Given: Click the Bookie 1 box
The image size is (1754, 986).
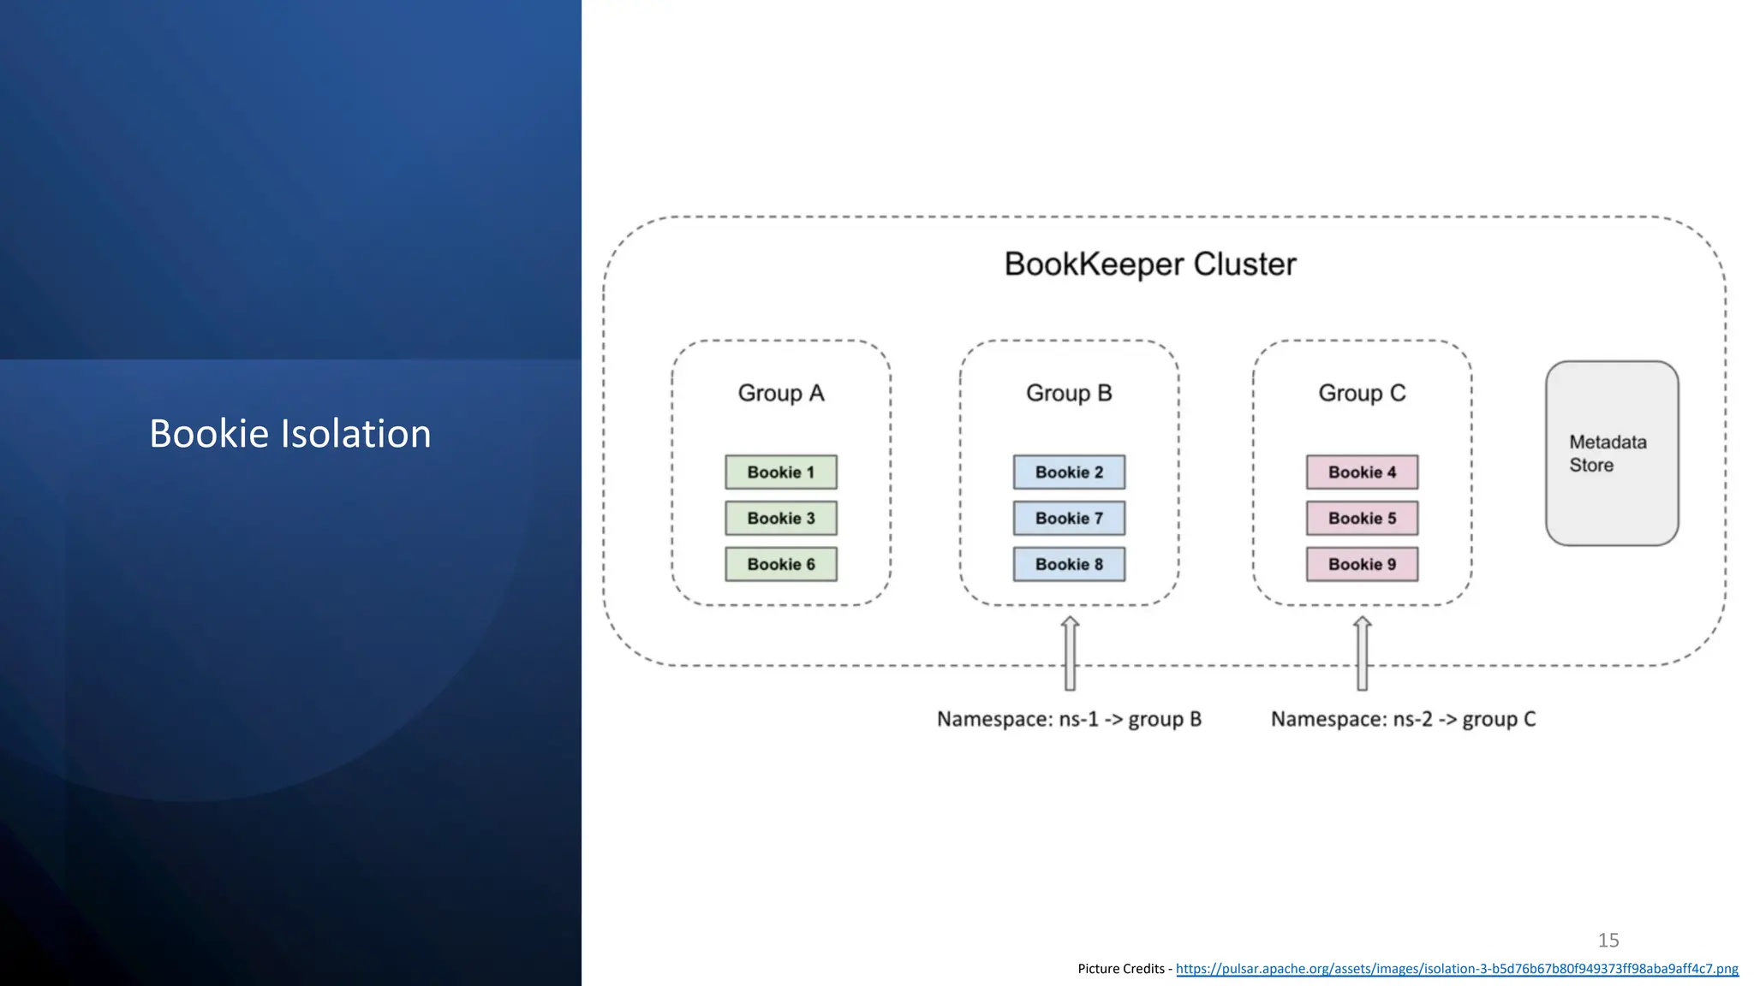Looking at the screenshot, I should pyautogui.click(x=780, y=472).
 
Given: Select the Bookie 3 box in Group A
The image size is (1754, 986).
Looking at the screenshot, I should pyautogui.click(x=780, y=519).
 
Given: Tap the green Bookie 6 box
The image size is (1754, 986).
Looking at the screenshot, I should pyautogui.click(x=780, y=565).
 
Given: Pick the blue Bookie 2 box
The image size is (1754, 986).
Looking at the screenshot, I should pyautogui.click(x=1069, y=472).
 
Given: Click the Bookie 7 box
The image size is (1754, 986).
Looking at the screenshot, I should pyautogui.click(x=1069, y=519).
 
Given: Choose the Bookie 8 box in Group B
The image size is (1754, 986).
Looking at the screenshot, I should pyautogui.click(x=1069, y=565).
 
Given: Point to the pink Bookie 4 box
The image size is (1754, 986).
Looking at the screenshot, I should pyautogui.click(x=1362, y=472).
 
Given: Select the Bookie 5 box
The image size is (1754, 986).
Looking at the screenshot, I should pyautogui.click(x=1362, y=519).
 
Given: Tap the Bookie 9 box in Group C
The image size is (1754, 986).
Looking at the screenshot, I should pyautogui.click(x=1362, y=565).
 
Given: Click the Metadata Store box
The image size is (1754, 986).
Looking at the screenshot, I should pyautogui.click(x=1611, y=454).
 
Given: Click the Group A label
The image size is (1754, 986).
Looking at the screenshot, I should pyautogui.click(x=780, y=393).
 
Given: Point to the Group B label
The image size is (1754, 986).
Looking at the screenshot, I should pyautogui.click(x=1069, y=393).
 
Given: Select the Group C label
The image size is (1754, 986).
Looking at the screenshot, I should pyautogui.click(x=1362, y=393).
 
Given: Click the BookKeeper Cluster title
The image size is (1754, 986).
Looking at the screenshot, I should pyautogui.click(x=1150, y=264).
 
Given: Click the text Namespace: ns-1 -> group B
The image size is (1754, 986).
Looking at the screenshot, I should pyautogui.click(x=1069, y=719).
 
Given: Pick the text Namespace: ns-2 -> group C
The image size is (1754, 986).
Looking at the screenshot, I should pyautogui.click(x=1403, y=719).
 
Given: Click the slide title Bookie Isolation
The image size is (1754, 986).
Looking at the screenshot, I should pyautogui.click(x=290, y=434).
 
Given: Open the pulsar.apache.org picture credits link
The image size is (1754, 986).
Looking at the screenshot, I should pyautogui.click(x=1456, y=969).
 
